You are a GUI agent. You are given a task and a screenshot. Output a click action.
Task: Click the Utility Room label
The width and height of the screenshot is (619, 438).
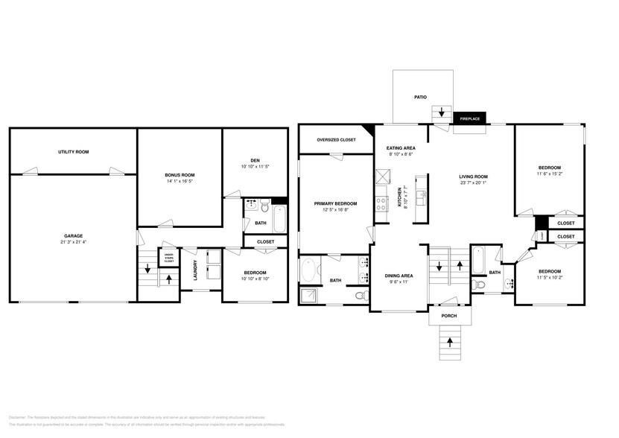tap(73, 152)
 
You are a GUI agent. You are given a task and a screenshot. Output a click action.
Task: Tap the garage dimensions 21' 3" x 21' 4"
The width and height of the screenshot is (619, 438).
tap(73, 242)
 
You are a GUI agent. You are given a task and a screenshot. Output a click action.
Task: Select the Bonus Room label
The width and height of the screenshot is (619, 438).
tap(180, 175)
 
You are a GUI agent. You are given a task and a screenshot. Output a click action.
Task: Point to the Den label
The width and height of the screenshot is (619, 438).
tap(255, 159)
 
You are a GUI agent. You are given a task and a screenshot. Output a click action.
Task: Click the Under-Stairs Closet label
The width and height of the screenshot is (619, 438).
tap(169, 258)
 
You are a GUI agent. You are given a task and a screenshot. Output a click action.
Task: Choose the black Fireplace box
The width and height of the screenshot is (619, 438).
tap(469, 118)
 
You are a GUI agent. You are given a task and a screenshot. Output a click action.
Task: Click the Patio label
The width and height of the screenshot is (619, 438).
tap(421, 97)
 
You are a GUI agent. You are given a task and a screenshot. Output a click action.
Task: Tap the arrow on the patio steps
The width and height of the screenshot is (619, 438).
tap(442, 113)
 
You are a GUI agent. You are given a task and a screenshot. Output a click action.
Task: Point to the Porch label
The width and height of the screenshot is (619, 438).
tap(448, 316)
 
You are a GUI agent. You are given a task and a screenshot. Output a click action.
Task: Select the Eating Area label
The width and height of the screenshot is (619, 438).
tap(401, 149)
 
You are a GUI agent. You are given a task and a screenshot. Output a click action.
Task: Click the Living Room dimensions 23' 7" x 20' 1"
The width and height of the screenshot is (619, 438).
tap(472, 182)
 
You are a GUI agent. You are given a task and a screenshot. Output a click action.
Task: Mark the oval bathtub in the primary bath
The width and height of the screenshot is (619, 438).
tap(308, 270)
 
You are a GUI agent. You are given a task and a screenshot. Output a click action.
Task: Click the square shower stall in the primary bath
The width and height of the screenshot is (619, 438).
tap(308, 296)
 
